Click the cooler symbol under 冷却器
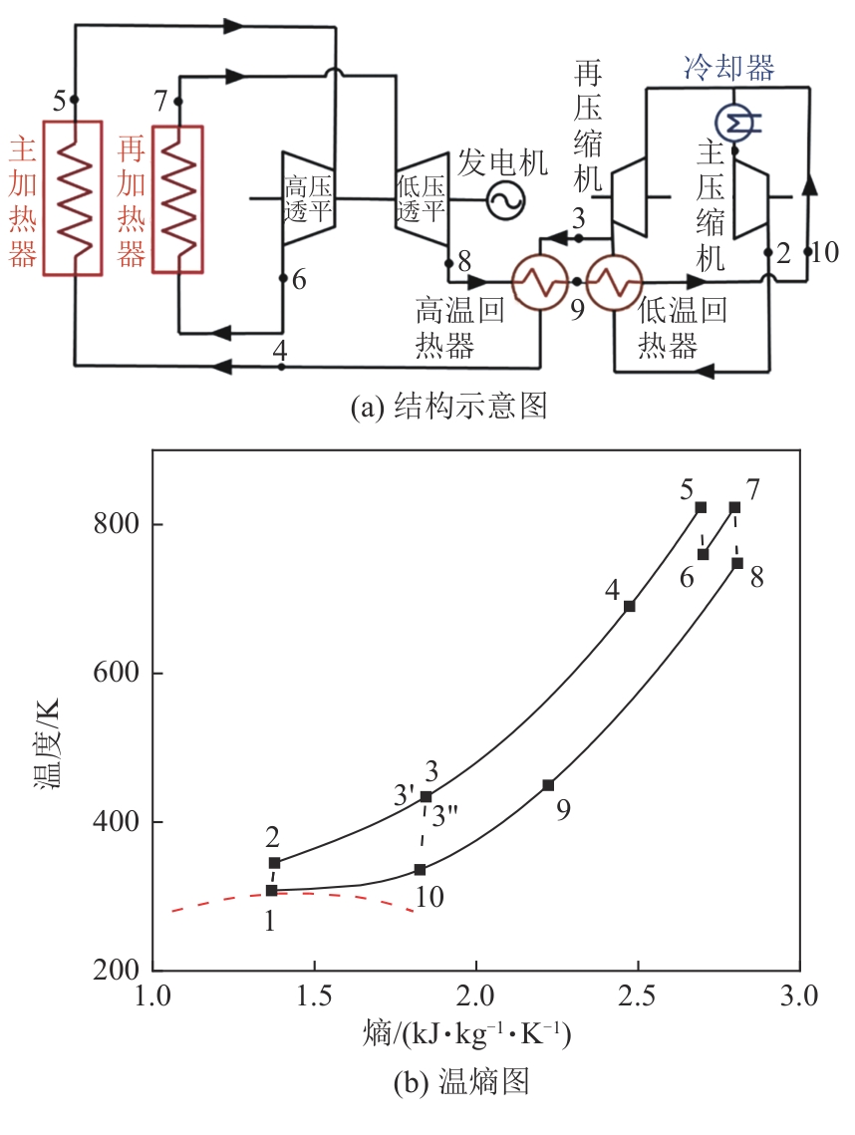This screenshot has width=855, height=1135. tap(738, 122)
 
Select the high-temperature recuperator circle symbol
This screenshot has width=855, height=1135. tap(540, 283)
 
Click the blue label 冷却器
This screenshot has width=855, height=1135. tap(728, 68)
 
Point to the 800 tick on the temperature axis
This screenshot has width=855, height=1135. tap(116, 524)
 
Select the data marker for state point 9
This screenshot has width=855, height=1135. tap(548, 785)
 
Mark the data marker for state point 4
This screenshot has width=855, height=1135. tap(630, 606)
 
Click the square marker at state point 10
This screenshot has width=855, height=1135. tap(421, 870)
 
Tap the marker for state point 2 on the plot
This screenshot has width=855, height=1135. tap(275, 863)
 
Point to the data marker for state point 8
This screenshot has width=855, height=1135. tap(737, 563)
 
